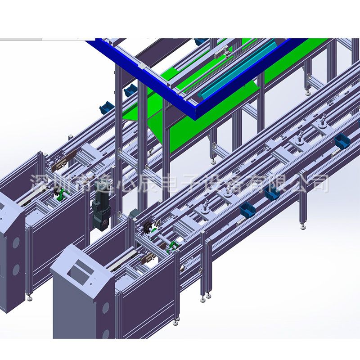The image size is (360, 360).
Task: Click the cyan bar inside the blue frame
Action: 237,69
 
